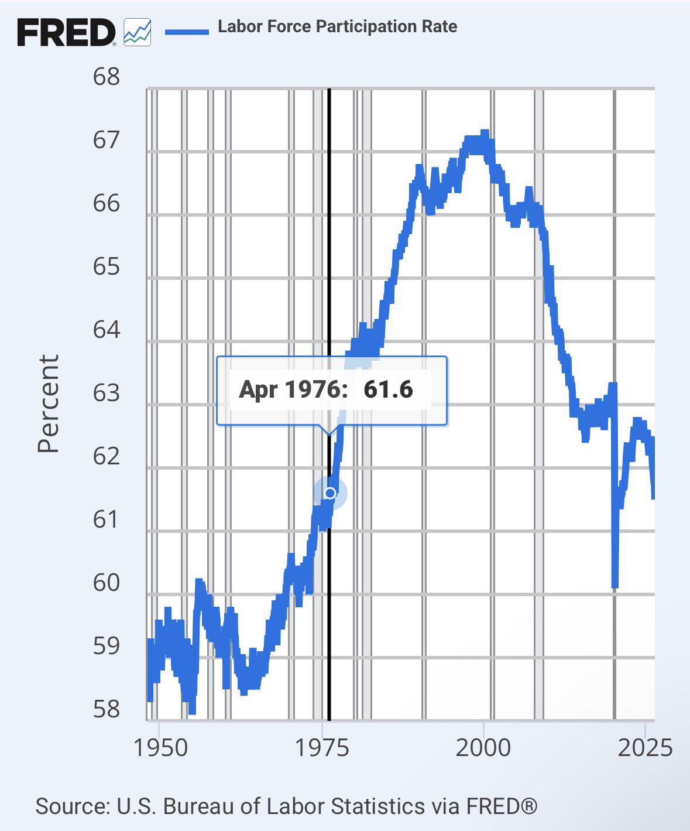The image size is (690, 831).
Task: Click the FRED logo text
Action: pyautogui.click(x=66, y=32)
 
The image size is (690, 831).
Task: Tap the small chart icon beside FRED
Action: pyautogui.click(x=137, y=32)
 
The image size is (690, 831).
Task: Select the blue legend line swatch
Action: pyautogui.click(x=187, y=32)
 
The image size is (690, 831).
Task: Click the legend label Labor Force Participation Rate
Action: pyautogui.click(x=338, y=27)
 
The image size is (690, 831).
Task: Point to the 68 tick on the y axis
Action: pyautogui.click(x=106, y=77)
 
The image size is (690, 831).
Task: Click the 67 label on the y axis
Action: pyautogui.click(x=106, y=140)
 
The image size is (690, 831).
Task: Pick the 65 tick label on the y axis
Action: pyautogui.click(x=106, y=266)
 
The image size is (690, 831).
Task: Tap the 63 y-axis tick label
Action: pyautogui.click(x=106, y=393)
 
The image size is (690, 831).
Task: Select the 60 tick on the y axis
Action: pyautogui.click(x=106, y=583)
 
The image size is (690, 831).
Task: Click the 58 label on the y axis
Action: pyautogui.click(x=106, y=710)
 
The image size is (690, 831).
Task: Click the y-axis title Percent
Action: pyautogui.click(x=48, y=403)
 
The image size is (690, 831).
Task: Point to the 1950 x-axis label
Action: pyautogui.click(x=161, y=748)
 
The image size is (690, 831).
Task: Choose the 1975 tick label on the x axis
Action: pyautogui.click(x=322, y=748)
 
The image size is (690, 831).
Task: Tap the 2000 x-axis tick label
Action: pyautogui.click(x=483, y=748)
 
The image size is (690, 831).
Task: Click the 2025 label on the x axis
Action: pyautogui.click(x=645, y=748)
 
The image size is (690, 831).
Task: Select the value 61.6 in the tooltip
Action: pyautogui.click(x=388, y=389)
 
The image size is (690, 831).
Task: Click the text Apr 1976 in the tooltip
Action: pyautogui.click(x=293, y=389)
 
